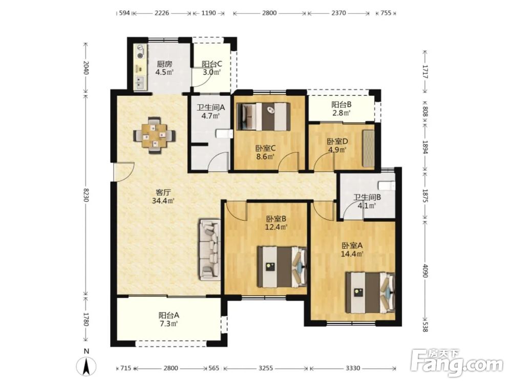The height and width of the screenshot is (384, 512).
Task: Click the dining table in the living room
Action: coord(154,135)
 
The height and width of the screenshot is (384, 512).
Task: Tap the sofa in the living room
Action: coord(209,250)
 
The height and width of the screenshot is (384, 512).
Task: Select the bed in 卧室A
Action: coord(371,292)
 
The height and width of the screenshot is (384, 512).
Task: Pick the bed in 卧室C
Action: coord(264,117)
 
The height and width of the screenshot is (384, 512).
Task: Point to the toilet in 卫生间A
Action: coord(224,134)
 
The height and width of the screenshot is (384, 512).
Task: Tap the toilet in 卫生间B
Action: coord(386,185)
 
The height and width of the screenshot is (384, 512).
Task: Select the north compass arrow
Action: coord(87,367)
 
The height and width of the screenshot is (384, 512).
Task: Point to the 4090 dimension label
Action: coord(424,270)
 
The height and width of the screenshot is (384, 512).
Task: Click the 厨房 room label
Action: coord(164,64)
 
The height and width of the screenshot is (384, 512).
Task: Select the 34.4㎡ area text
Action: coord(163,201)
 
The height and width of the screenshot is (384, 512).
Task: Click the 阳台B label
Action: coord(341,105)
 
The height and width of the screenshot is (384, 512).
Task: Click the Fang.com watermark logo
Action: coord(457,362)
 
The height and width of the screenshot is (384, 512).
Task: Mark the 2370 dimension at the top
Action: coord(338,13)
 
